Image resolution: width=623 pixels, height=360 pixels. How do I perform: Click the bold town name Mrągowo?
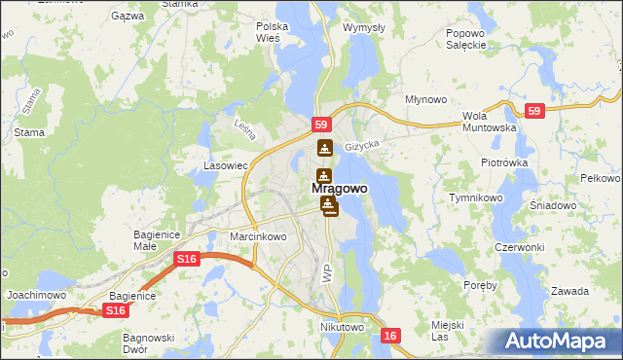[x=340, y=188]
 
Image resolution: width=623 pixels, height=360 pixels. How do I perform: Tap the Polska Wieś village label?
[x=268, y=32]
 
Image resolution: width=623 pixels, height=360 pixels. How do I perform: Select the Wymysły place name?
[x=363, y=27]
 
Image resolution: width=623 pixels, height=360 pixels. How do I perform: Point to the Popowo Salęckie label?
[x=465, y=39]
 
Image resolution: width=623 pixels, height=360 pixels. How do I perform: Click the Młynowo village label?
[x=425, y=99]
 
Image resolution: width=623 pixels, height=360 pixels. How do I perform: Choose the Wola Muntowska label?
[x=488, y=121]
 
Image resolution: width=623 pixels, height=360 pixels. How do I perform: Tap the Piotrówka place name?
[x=503, y=162]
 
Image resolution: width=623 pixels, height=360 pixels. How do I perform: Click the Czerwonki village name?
[x=519, y=247]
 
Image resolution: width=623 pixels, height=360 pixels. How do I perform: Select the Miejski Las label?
[x=447, y=330]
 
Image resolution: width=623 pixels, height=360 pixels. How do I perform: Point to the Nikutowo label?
[x=342, y=328]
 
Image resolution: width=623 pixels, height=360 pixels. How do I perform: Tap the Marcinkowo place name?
[x=258, y=236]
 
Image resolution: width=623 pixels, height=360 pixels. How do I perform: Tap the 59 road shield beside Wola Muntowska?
[x=533, y=112]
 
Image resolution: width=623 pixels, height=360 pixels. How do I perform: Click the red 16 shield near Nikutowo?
[x=390, y=336]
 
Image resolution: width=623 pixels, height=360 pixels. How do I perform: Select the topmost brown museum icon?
[x=324, y=149]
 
